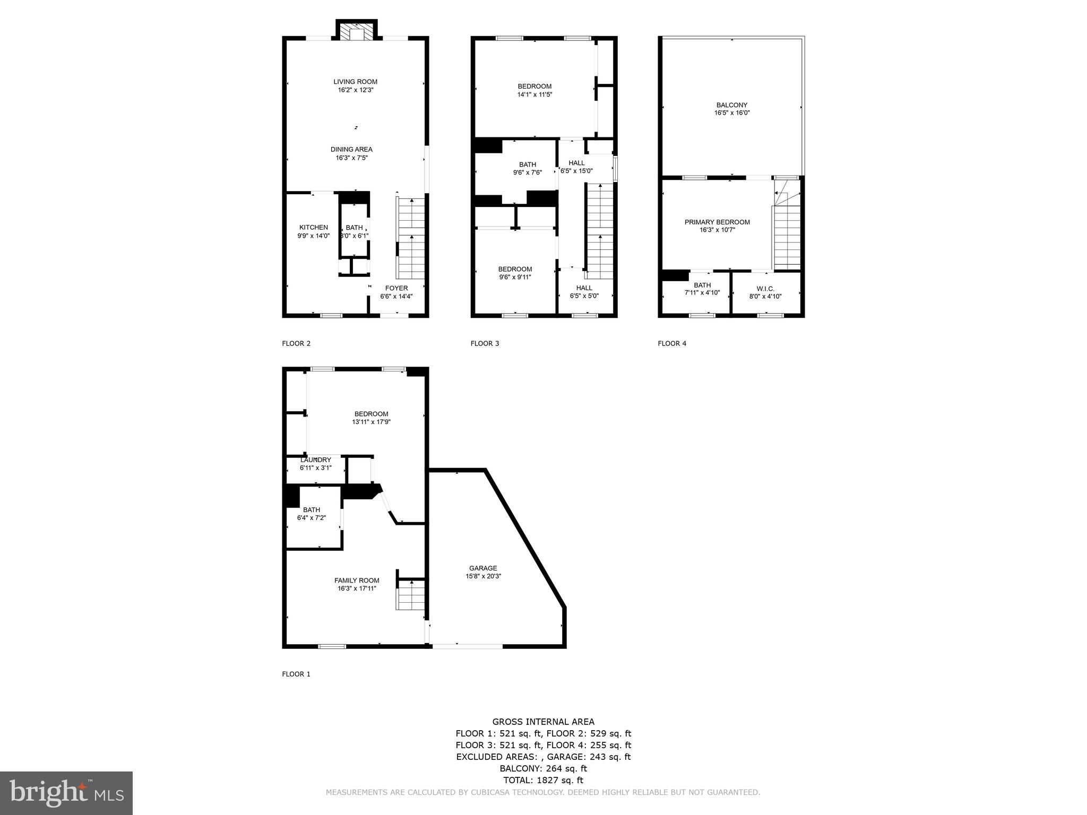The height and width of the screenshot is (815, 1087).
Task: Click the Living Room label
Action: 355,82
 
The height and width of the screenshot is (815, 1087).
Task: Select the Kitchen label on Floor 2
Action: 313,228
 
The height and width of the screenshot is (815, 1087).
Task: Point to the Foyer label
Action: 396,288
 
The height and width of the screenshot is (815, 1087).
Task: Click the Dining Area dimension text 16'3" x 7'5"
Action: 351,158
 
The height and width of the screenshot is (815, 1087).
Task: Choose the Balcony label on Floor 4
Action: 731,105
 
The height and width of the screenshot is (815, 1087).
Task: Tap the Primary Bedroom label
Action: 717,222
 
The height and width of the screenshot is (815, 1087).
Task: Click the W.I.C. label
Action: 765,289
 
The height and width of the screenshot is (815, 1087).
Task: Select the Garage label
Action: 483,568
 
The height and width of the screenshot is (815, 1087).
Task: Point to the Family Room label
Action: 357,580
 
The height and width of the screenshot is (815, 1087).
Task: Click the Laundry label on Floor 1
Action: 316,460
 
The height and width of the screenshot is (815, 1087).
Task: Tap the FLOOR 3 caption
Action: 485,343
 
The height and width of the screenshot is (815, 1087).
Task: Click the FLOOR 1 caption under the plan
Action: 296,674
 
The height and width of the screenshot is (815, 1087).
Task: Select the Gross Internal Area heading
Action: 543,722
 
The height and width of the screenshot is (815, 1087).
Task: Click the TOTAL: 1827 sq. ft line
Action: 543,780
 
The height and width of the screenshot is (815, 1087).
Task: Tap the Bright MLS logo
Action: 66,793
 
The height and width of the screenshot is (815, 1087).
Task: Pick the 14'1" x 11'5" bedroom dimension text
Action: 534,94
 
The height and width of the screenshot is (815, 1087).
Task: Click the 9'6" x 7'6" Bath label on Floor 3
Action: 528,164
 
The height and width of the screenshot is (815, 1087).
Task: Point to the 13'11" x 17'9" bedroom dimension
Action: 372,422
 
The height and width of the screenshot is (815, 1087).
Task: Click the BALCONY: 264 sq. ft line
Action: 543,768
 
